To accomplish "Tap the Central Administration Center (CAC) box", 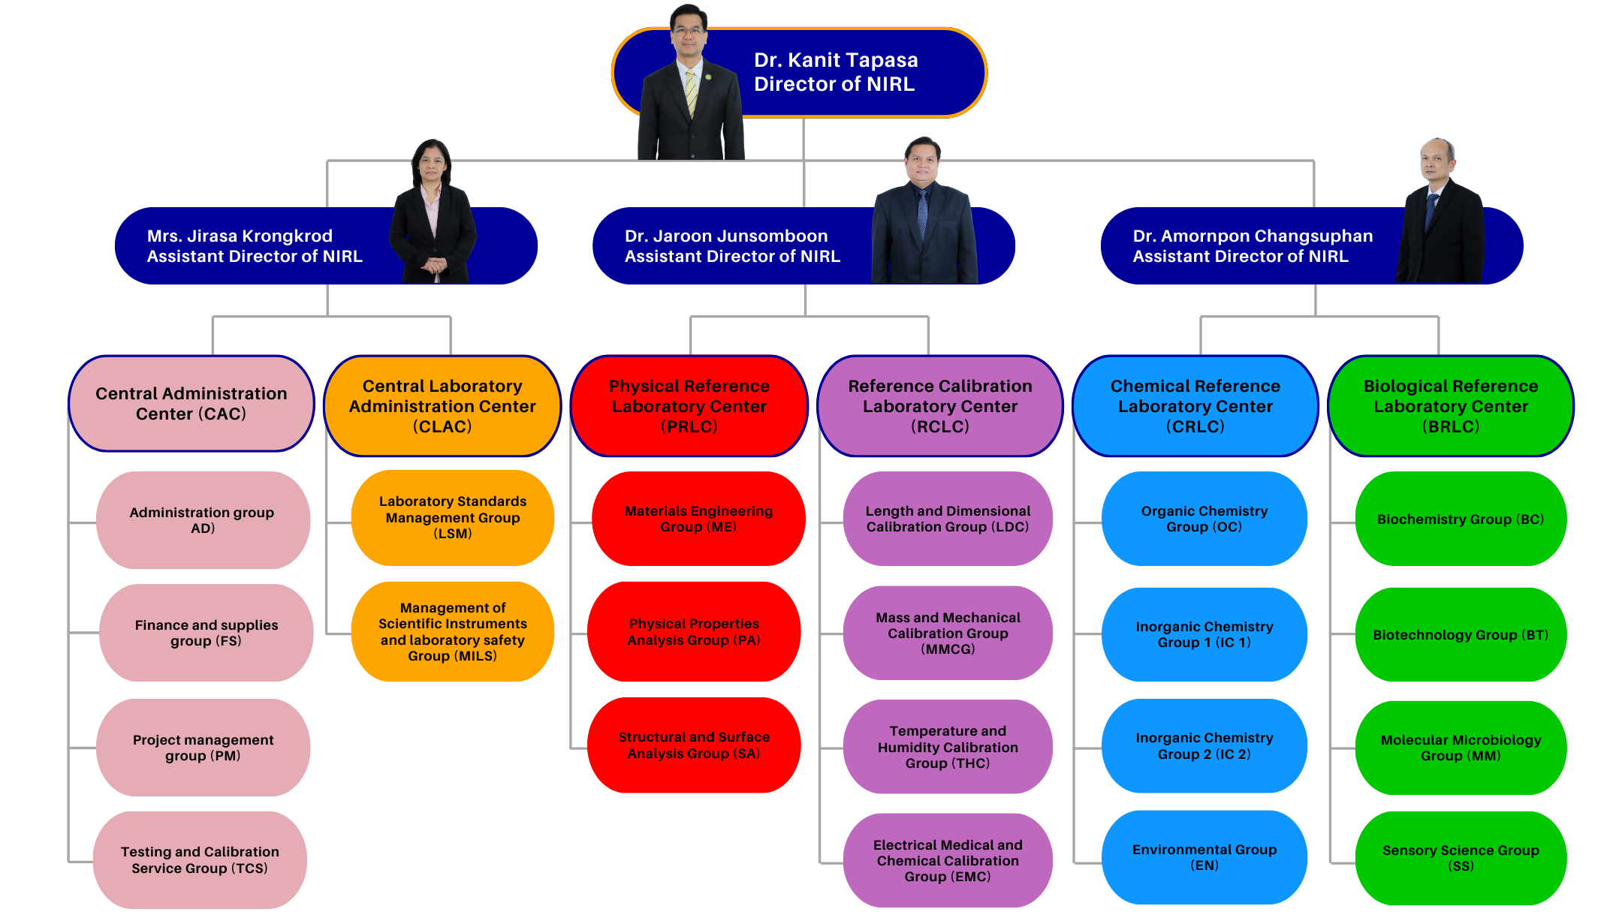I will (x=191, y=404).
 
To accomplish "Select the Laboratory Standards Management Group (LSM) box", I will (x=453, y=517).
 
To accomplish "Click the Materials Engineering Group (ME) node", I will (x=698, y=519).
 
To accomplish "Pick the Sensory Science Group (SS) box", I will (x=1461, y=857).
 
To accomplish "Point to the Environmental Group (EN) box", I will (x=1204, y=857).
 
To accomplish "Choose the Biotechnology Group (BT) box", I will (x=1461, y=635).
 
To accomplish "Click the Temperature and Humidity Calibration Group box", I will (x=948, y=747).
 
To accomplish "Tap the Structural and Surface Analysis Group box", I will (x=694, y=745).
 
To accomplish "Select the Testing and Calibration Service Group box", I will (x=200, y=860).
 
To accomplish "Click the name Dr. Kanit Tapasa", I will (x=836, y=60).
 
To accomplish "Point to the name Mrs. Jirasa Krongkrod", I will (x=240, y=236).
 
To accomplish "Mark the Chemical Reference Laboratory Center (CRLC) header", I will (x=1195, y=406).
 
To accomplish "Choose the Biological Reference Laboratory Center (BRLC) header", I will (x=1451, y=406).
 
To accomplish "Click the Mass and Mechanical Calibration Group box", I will (x=948, y=634).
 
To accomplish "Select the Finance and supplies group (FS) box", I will (x=206, y=633).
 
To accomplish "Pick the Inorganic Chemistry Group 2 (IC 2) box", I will (x=1204, y=746).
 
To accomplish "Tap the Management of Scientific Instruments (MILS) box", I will (x=453, y=632).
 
